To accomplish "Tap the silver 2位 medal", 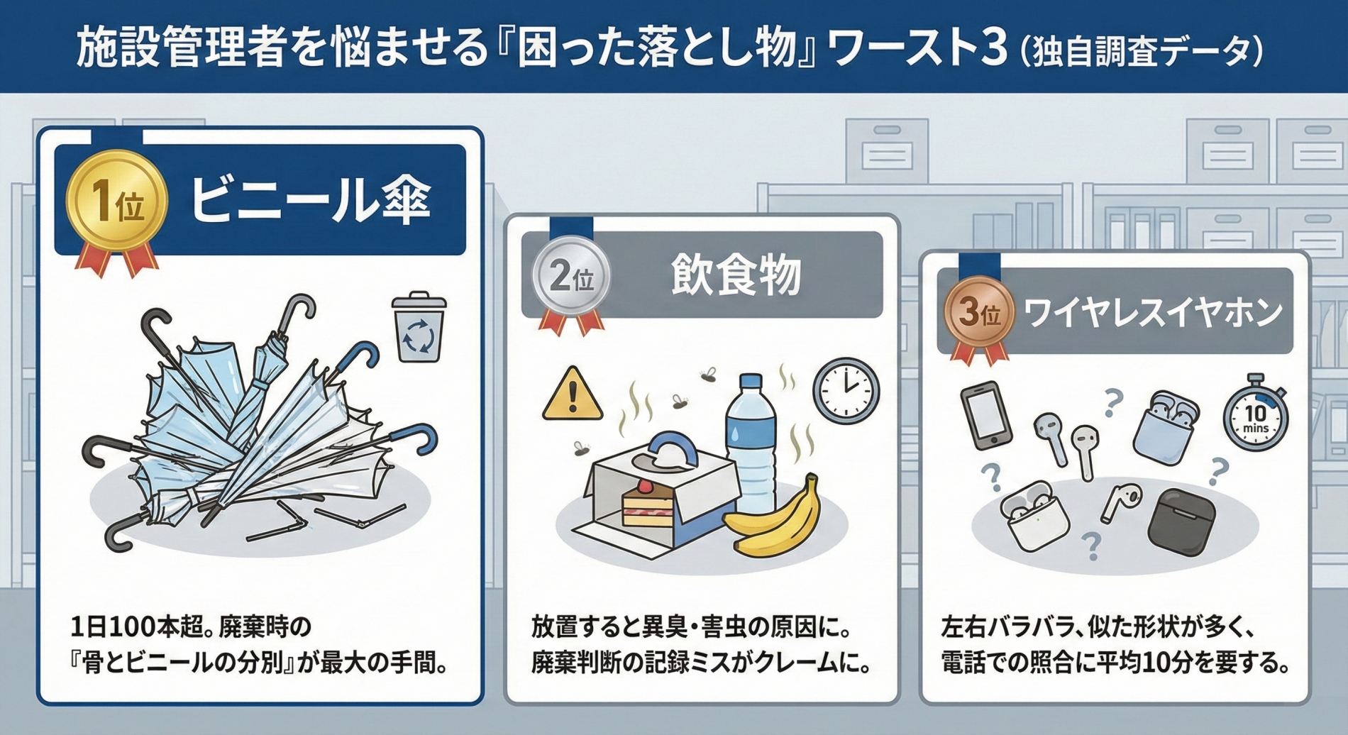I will click(571, 277).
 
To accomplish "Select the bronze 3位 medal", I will click(979, 313).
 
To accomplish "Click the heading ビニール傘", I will click(310, 201).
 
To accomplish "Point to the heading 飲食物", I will click(736, 275).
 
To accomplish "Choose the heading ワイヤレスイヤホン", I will click(1153, 313).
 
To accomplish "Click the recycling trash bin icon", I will click(419, 327).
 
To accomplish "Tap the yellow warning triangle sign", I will click(573, 396).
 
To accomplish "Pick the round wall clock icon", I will click(846, 391).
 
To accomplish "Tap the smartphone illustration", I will click(986, 416).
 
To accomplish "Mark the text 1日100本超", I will click(138, 627).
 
